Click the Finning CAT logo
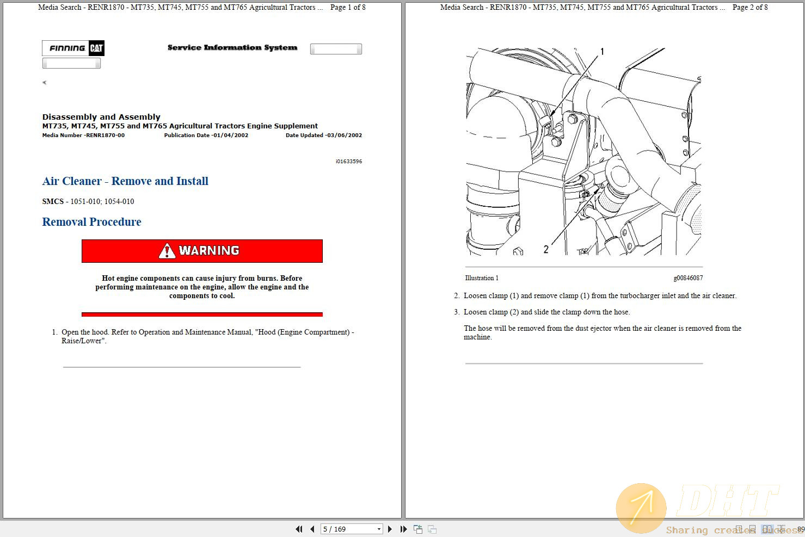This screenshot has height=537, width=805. [x=73, y=48]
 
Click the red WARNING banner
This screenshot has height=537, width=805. [x=202, y=251]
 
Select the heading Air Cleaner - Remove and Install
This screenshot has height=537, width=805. [x=125, y=181]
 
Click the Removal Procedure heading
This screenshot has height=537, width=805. [x=91, y=222]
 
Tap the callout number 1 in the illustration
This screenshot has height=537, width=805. [x=602, y=52]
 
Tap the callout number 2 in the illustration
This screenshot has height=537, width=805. [x=546, y=249]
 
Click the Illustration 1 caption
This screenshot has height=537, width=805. [x=481, y=278]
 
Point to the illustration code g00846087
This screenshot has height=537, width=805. [x=688, y=278]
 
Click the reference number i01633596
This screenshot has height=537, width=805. [x=348, y=162]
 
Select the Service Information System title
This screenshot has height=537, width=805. [x=232, y=48]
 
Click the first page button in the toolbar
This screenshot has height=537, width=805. [x=299, y=529]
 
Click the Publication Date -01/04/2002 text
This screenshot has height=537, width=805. [x=206, y=135]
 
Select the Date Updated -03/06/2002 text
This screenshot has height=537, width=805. [x=323, y=135]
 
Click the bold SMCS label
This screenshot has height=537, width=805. [x=53, y=201]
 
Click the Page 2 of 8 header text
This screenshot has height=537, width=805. [x=750, y=8]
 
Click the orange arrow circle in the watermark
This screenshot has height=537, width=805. [x=641, y=508]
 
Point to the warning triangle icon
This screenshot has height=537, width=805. [x=167, y=251]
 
